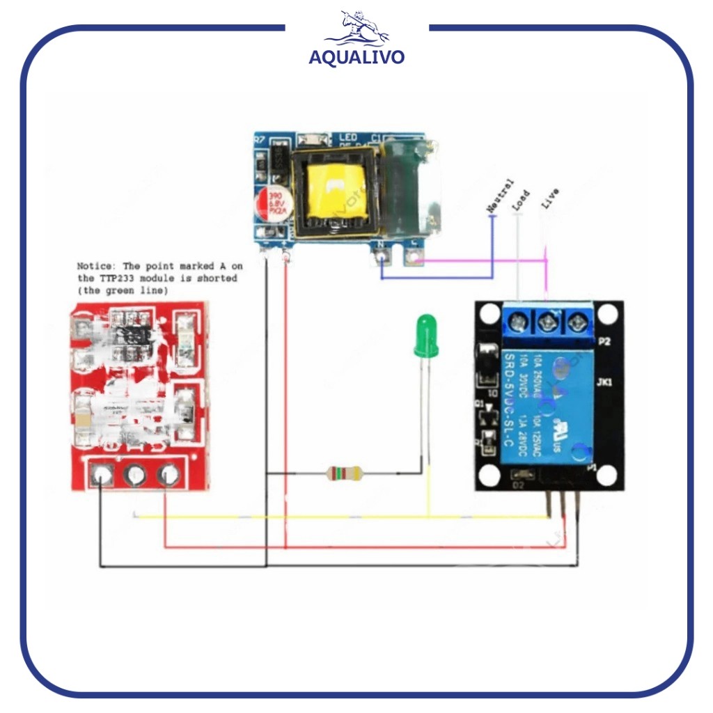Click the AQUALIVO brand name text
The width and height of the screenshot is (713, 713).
pyautogui.click(x=356, y=56)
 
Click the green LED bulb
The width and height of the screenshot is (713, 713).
pyautogui.click(x=424, y=336)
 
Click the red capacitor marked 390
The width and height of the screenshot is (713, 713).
pyautogui.click(x=272, y=204)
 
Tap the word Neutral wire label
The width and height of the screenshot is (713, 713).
pyautogui.click(x=500, y=196)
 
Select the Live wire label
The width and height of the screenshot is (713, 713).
pyautogui.click(x=549, y=199)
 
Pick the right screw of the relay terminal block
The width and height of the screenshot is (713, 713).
pyautogui.click(x=575, y=322)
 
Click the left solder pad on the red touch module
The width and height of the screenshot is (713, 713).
pyautogui.click(x=103, y=475)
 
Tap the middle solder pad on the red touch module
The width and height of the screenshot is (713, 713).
pyautogui.click(x=134, y=475)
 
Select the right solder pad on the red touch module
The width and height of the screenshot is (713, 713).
pyautogui.click(x=166, y=475)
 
